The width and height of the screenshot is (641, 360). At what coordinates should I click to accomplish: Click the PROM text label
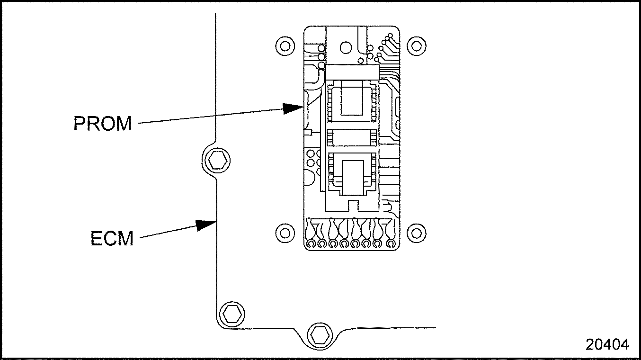(103, 123)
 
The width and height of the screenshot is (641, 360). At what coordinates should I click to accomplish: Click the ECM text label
(112, 239)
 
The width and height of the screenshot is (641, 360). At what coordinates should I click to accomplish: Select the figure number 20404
(607, 344)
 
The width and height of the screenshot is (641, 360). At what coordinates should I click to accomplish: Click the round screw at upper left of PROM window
(284, 46)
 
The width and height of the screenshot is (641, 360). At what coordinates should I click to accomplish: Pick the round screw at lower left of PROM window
(284, 233)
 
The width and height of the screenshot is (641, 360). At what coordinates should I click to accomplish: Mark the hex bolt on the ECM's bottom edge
(318, 334)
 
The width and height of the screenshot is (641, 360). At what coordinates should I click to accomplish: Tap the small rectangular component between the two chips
(352, 138)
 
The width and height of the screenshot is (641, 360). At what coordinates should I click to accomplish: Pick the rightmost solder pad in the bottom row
(391, 244)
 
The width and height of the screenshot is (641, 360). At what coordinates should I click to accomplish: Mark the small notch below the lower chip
(353, 204)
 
